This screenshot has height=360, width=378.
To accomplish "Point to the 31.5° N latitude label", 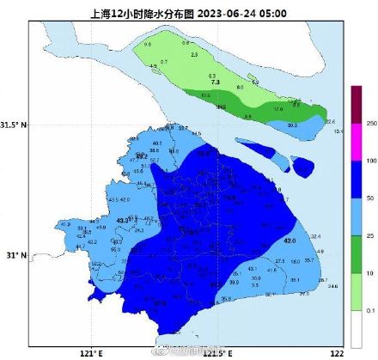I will tap(15, 125).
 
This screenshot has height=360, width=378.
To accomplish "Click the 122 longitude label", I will tap(338, 352).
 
